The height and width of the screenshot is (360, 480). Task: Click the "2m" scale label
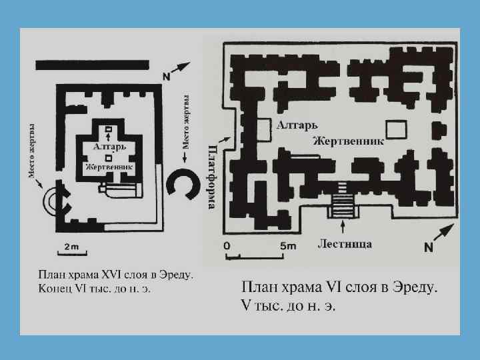point(71,247)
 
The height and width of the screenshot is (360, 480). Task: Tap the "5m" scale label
point(287,246)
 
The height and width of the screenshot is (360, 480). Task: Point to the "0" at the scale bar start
point(227,246)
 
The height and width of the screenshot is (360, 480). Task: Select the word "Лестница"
point(345,244)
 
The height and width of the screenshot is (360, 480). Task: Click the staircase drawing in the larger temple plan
point(344,199)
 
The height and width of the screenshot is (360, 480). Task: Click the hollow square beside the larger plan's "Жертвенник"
point(396,130)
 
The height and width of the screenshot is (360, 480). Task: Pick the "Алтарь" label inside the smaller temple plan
point(107,145)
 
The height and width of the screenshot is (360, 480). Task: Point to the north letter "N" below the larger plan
point(429,248)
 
